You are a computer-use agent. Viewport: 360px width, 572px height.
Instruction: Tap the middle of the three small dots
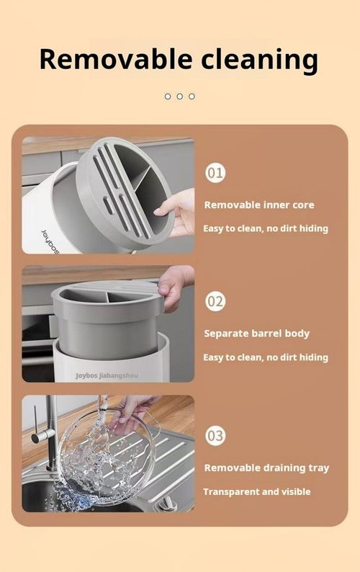click(180, 97)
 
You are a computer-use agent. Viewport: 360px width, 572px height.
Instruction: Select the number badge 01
click(215, 173)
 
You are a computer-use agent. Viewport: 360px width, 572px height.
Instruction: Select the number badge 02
click(215, 301)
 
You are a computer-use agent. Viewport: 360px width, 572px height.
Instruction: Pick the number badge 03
click(215, 435)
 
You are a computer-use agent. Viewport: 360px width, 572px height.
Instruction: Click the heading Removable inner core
click(259, 205)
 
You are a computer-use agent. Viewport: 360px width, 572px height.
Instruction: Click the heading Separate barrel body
click(256, 334)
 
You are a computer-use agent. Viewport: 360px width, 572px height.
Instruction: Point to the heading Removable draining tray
click(266, 468)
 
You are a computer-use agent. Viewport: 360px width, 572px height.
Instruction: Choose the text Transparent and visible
click(257, 491)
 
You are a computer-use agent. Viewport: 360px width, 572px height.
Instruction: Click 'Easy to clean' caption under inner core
click(265, 228)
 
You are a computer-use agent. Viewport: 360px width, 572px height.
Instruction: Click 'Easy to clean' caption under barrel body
click(265, 357)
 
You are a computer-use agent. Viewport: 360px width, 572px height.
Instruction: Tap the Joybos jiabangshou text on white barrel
click(107, 375)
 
